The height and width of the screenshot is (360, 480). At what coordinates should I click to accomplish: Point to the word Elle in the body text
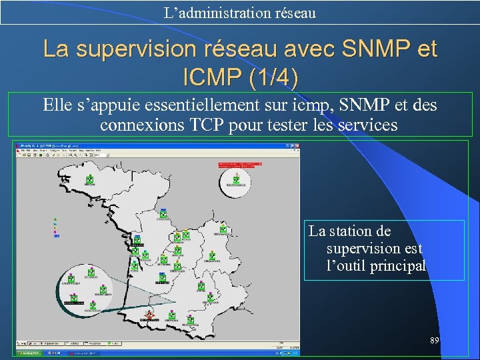56,105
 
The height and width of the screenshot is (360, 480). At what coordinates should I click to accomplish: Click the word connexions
139,125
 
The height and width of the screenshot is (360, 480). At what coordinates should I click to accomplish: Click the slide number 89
434,341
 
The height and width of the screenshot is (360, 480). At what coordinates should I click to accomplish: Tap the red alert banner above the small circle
240,164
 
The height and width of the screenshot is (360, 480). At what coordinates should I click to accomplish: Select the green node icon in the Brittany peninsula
90,179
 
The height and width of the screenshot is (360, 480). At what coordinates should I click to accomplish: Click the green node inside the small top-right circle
236,179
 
